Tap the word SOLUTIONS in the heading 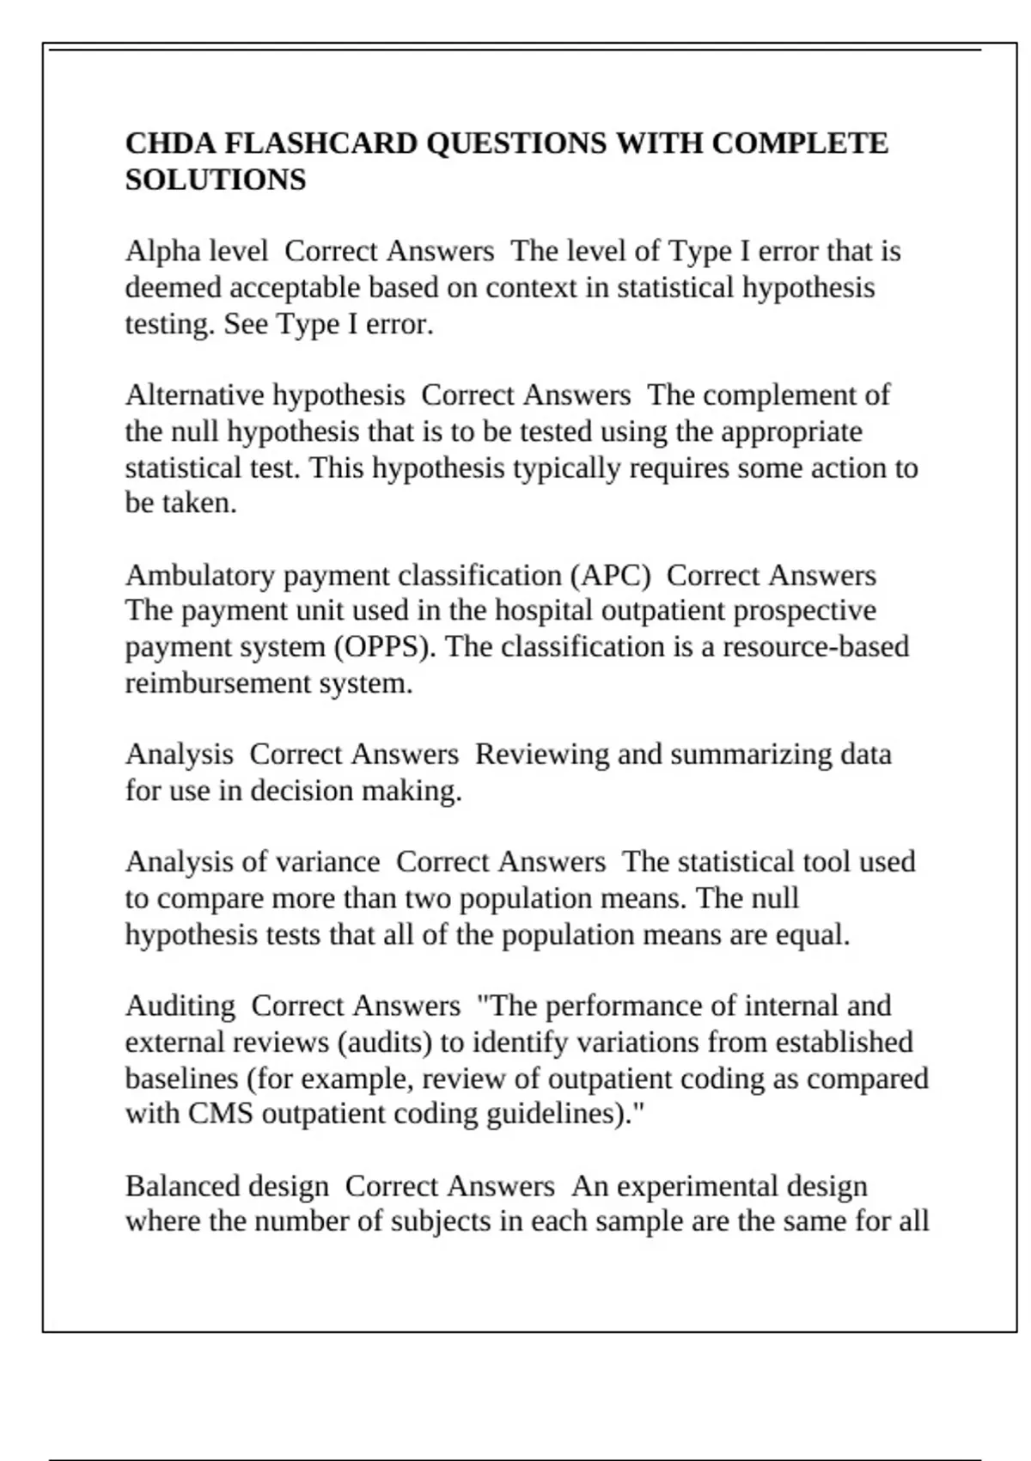(x=216, y=180)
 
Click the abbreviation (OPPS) (x=385, y=647)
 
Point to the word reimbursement (x=218, y=683)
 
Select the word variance (x=337, y=862)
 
